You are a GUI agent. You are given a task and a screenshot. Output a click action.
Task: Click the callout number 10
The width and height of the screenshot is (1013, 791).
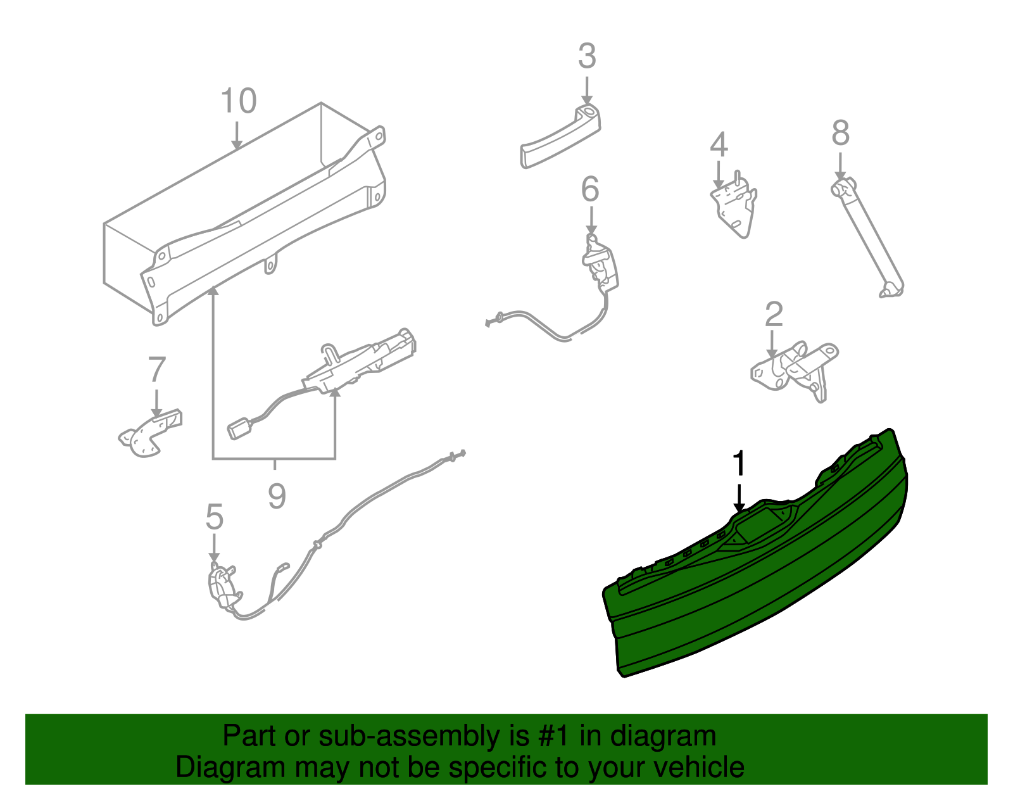(239, 101)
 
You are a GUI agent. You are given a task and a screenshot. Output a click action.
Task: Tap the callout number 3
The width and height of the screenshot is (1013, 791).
(587, 57)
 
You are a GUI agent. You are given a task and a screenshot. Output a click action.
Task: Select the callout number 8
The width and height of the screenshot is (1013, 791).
(840, 134)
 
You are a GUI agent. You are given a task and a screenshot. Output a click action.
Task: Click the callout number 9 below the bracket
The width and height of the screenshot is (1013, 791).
(277, 496)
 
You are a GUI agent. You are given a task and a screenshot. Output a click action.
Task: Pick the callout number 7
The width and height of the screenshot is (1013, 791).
(156, 370)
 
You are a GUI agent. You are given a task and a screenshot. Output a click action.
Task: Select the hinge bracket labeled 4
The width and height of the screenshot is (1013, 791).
(734, 206)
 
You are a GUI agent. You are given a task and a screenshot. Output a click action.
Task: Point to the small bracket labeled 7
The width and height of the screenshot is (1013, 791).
(149, 434)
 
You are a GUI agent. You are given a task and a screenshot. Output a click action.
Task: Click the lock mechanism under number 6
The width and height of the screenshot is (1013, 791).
(600, 263)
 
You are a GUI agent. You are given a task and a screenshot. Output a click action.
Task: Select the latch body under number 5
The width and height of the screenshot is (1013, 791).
(222, 586)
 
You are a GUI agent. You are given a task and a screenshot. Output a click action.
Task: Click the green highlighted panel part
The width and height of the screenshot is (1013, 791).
(753, 589)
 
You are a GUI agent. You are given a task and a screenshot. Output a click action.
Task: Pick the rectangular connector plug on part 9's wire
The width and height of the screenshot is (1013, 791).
(240, 429)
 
